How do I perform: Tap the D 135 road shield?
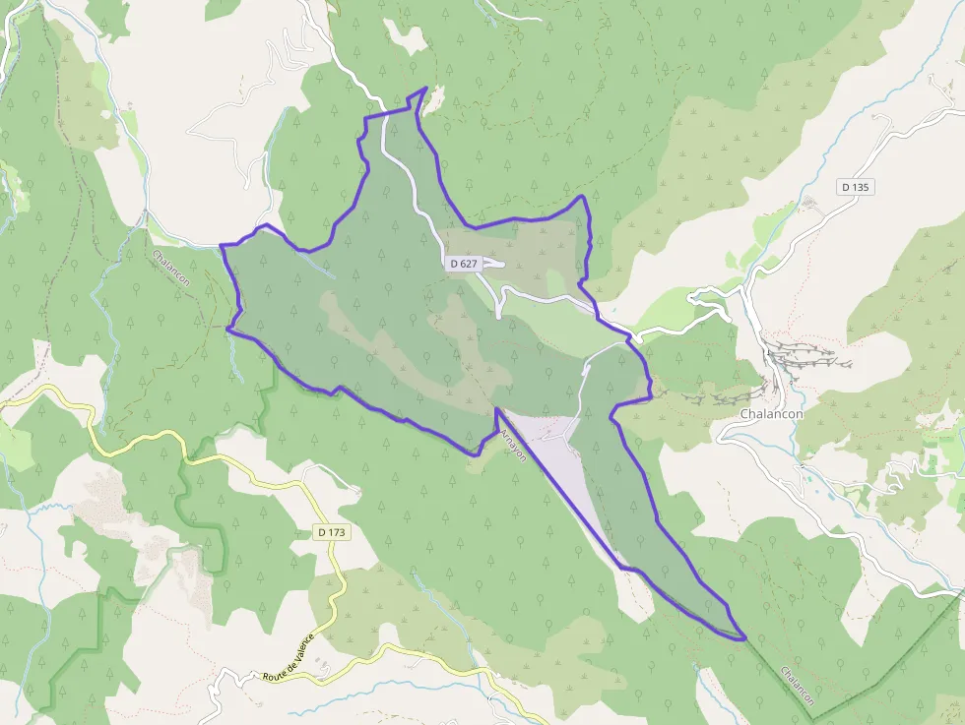coord(857,187)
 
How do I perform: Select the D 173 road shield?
coord(332,532)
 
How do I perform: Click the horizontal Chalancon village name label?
coord(771,414)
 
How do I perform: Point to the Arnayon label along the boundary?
coord(513,446)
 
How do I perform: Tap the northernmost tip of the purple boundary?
coord(424,89)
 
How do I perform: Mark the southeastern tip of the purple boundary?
coord(744,638)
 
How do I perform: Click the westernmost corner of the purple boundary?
coord(221,244)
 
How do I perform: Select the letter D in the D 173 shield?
coord(322,532)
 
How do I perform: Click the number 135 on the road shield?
coord(863,187)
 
